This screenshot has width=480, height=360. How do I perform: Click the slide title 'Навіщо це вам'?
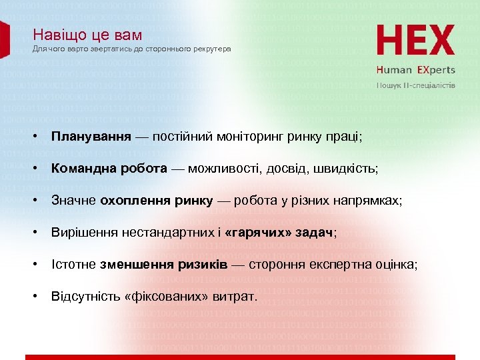click(87, 35)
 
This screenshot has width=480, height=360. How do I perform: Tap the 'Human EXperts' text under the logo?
click(415, 69)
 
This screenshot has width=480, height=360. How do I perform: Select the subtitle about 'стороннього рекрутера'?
click(132, 49)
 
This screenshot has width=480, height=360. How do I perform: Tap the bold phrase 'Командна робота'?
click(109, 169)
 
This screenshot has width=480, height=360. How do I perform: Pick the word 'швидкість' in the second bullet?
click(350, 169)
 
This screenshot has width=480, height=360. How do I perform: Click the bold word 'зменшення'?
click(137, 265)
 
